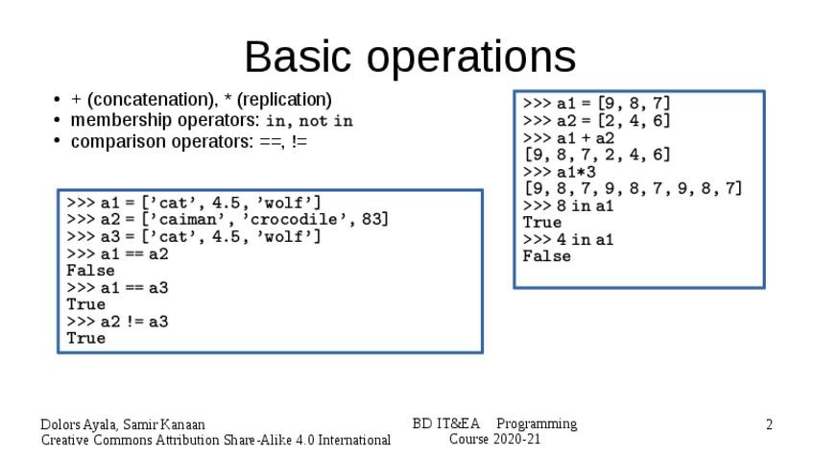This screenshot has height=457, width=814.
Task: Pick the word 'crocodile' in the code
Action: coord(302,219)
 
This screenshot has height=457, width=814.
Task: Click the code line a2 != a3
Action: coord(133,322)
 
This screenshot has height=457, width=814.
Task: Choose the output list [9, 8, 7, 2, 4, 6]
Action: coord(596,155)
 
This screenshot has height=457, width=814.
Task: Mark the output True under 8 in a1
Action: coord(542,223)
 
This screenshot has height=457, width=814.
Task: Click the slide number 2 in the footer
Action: coord(769,424)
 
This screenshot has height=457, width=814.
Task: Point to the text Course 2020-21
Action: coord(494,440)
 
